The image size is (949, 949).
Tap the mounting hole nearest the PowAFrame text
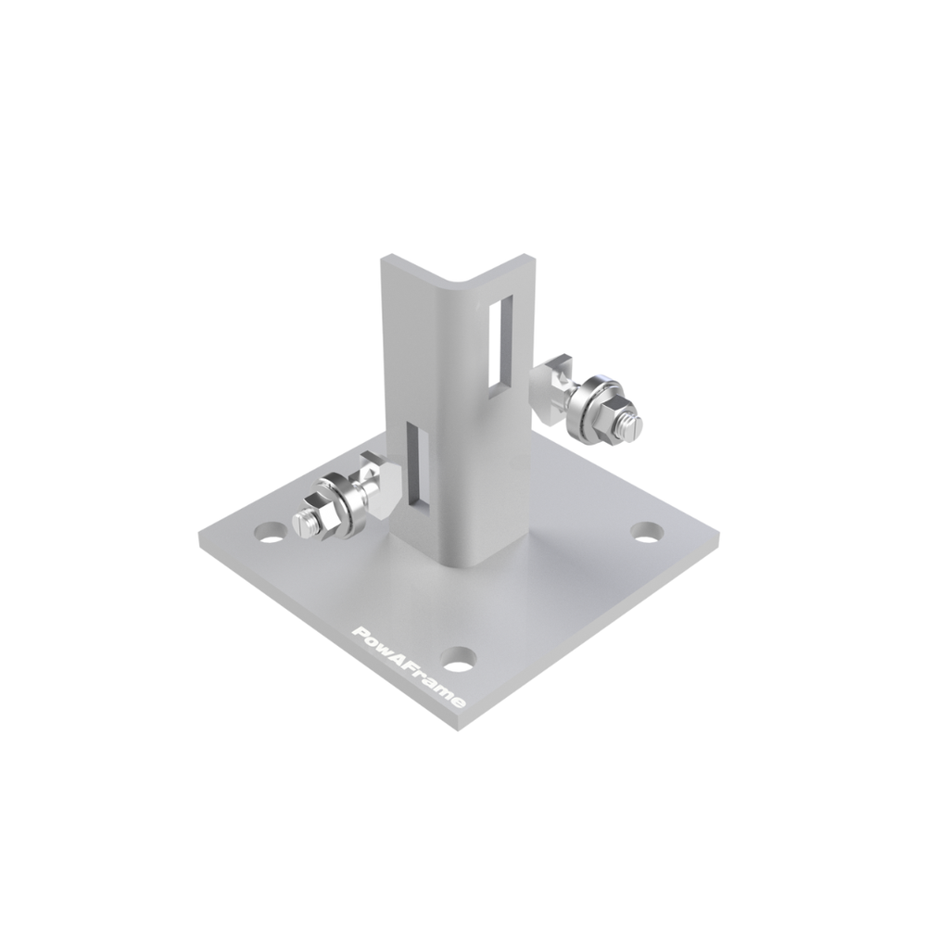459,660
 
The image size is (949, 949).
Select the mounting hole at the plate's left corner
270,533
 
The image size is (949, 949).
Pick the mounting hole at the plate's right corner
647,533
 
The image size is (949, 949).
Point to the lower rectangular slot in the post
416,463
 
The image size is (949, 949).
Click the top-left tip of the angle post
388,257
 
